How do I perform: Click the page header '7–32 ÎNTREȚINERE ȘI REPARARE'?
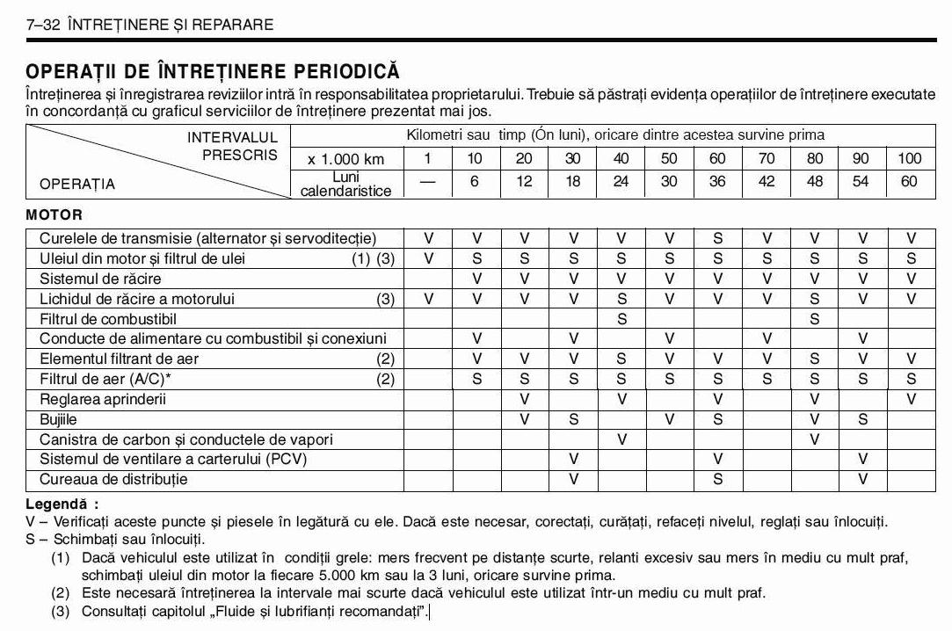pos(150,25)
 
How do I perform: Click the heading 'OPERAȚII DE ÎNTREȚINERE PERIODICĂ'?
pos(213,71)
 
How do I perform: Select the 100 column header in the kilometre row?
pos(909,158)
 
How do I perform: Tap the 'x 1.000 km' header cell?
pos(346,159)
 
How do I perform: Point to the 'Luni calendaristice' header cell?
pos(346,183)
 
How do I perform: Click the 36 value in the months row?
pos(718,182)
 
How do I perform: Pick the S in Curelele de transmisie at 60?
pos(718,238)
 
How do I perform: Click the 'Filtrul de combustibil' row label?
pos(108,319)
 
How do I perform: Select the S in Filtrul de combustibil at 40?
pos(621,319)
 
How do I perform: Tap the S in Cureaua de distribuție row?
pos(718,480)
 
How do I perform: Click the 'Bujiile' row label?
pos(59,420)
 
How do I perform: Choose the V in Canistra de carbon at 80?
pos(815,439)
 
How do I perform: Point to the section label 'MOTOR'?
pos(54,214)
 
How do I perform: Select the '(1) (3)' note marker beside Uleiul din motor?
pos(374,258)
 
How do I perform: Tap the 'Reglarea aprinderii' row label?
pos(103,400)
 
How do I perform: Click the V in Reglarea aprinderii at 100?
pos(911,400)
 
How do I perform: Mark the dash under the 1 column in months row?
pos(428,182)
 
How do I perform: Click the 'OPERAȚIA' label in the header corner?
pos(77,185)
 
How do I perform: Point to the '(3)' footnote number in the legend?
pos(60,611)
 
